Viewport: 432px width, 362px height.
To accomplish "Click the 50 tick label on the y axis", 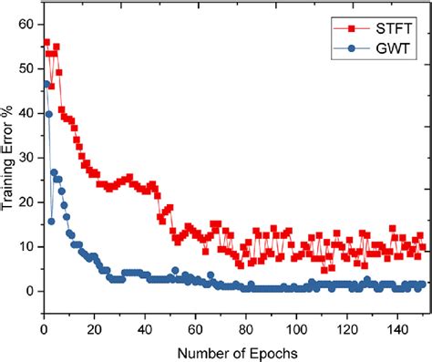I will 27,67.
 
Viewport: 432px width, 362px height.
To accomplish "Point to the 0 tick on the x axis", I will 44,326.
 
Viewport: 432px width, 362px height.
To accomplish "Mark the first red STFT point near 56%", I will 46,42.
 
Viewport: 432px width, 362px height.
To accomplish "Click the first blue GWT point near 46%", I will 46,85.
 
